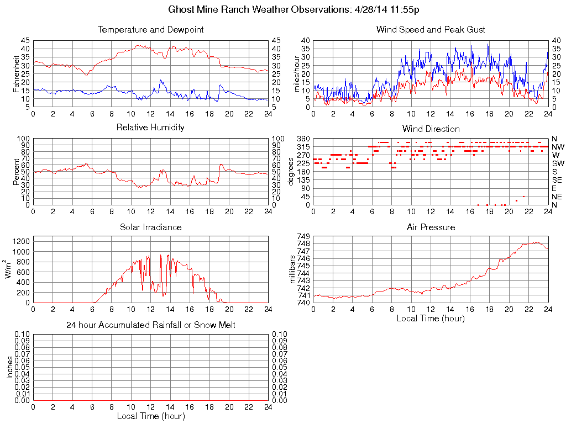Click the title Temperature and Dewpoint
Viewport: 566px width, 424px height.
(150, 29)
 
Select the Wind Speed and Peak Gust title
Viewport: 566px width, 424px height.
(431, 29)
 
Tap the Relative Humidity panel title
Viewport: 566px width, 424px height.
(150, 128)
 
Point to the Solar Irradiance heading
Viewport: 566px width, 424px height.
(150, 227)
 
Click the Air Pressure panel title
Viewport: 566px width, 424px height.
(431, 227)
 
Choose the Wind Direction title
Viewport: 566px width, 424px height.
(431, 129)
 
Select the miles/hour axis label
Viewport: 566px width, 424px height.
(297, 73)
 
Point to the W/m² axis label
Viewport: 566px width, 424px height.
(9, 269)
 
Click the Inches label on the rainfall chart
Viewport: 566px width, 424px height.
(9, 367)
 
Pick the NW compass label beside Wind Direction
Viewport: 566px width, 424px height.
(557, 147)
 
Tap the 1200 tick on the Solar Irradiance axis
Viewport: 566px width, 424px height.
(21, 241)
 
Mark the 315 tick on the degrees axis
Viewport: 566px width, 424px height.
(303, 147)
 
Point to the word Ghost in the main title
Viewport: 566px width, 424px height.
(181, 10)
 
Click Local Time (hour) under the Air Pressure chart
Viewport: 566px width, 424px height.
(431, 318)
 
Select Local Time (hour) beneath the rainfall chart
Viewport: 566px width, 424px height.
(150, 416)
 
